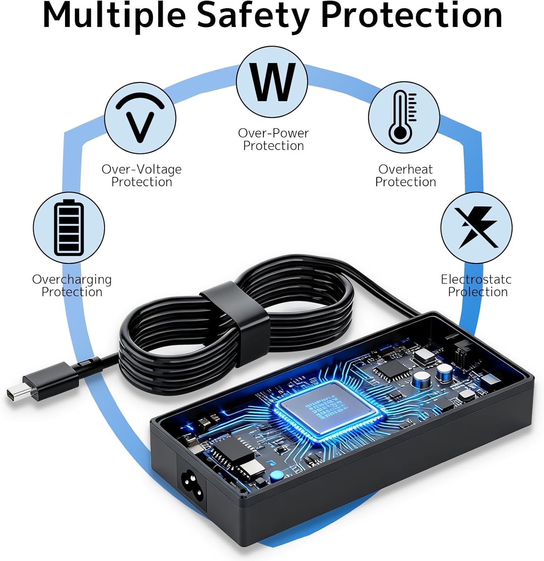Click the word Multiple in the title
coord(114,16)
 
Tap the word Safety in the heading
coord(253,16)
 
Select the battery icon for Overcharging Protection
coord(69,228)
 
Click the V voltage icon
coord(140,118)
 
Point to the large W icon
coord(272,82)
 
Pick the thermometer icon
coord(404,117)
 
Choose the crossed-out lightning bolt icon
coord(476,228)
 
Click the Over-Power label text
coord(273,133)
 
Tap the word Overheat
coord(405,169)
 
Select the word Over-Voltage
coord(142,169)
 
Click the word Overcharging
coord(72,279)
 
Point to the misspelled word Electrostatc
coord(476,279)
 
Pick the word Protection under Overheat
coord(405,182)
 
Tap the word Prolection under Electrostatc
coord(478,292)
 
